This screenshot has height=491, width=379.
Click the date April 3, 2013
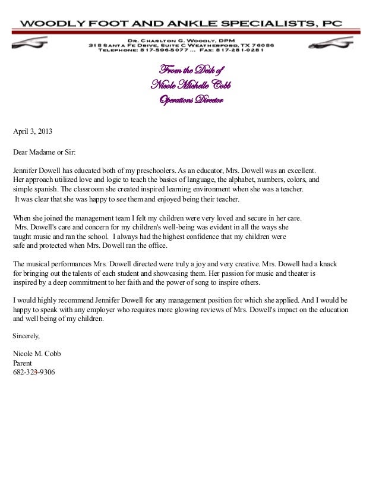(36, 130)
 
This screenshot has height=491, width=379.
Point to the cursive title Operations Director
(190, 100)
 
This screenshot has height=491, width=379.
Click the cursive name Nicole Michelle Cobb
(191, 86)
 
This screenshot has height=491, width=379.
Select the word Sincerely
(27, 336)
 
